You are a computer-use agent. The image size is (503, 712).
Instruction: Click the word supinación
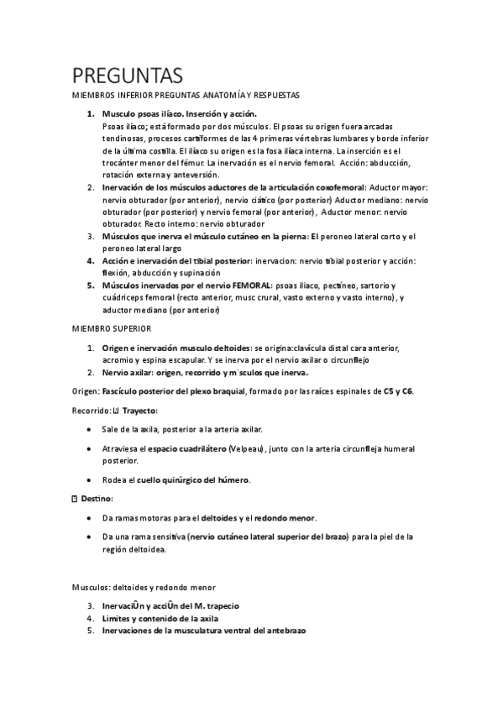tap(197, 273)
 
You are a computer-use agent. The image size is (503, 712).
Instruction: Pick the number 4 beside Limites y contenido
tap(90, 618)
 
